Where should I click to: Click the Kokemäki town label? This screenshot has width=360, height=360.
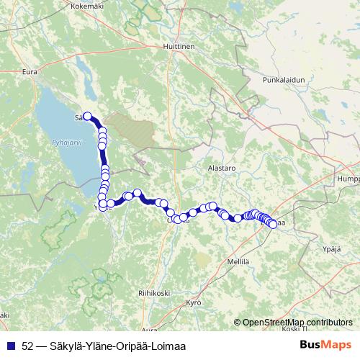click(x=86, y=5)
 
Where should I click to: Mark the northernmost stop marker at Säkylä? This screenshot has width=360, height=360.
click(x=88, y=116)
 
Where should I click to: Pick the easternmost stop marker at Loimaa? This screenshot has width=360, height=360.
click(x=272, y=223)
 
